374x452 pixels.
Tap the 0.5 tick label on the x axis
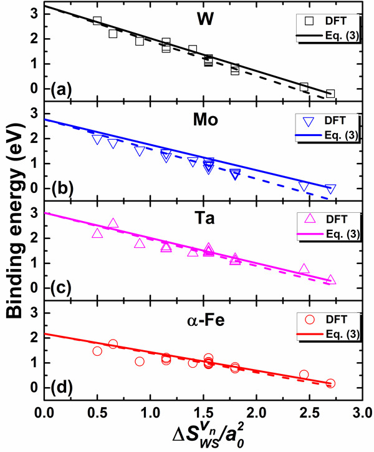97,413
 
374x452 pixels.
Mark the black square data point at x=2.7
330,94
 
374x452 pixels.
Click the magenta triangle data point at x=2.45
304,269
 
